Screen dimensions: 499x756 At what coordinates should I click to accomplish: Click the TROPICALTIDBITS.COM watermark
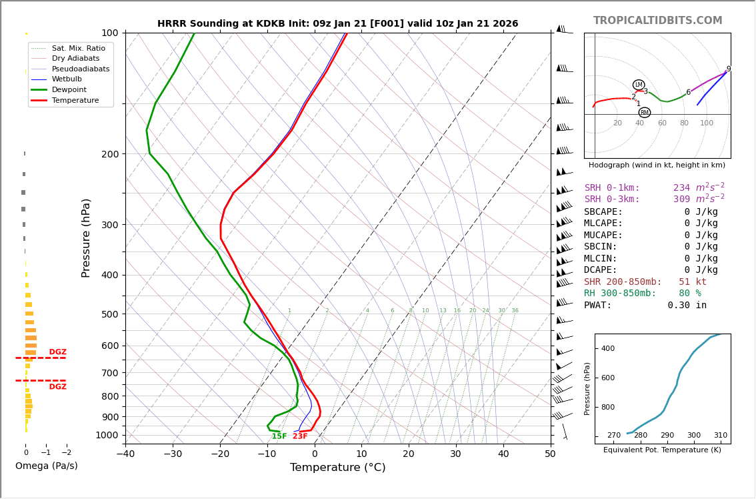pyautogui.click(x=657, y=21)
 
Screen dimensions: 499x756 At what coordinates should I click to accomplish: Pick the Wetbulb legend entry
pyautogui.click(x=67, y=79)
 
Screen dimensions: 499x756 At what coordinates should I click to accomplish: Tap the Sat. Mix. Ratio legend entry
pyautogui.click(x=78, y=48)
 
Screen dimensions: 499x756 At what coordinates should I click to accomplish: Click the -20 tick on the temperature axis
pyautogui.click(x=220, y=454)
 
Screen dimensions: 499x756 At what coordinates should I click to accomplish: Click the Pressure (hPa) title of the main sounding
pyautogui.click(x=86, y=237)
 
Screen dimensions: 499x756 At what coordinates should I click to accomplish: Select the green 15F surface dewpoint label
pyautogui.click(x=279, y=436)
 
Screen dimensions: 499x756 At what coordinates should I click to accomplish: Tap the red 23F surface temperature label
pyautogui.click(x=300, y=436)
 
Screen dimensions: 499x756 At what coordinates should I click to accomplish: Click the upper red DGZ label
pyautogui.click(x=57, y=352)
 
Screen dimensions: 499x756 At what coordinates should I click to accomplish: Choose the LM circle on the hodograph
pyautogui.click(x=639, y=85)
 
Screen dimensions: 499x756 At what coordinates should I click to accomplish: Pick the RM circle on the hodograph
pyautogui.click(x=644, y=113)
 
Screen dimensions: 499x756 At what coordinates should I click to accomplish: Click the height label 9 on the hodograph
pyautogui.click(x=728, y=69)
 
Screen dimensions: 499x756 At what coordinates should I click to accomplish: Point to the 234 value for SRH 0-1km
pyautogui.click(x=681, y=188)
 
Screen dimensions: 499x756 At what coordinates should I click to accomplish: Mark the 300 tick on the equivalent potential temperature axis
pyautogui.click(x=694, y=435)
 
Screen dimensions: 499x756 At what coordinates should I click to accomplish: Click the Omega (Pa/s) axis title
pyautogui.click(x=46, y=466)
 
